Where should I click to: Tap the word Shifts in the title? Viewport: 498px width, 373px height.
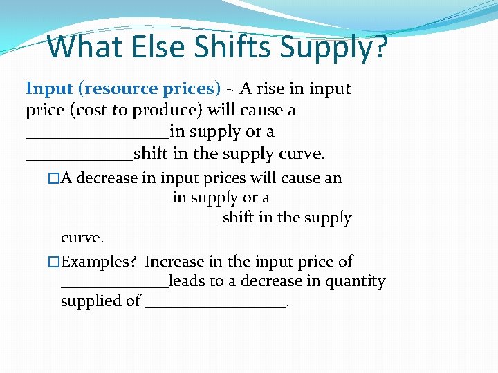[233, 47]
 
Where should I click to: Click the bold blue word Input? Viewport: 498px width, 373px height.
[49, 89]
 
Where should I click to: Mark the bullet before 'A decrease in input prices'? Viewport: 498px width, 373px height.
[54, 178]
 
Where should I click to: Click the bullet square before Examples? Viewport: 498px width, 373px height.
[54, 262]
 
